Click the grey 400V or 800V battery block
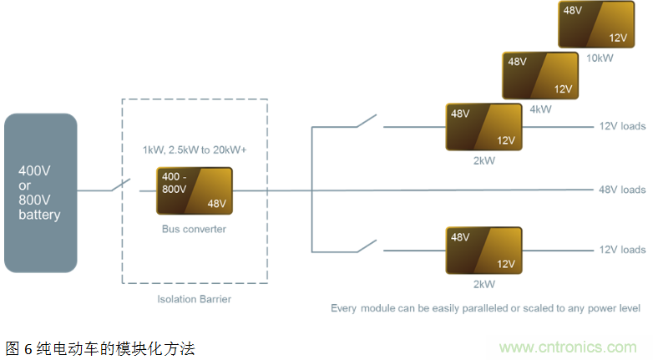click(x=40, y=192)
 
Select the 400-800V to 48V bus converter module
click(x=195, y=191)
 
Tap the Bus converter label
click(x=194, y=227)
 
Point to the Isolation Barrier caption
click(x=195, y=299)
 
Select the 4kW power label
click(x=540, y=109)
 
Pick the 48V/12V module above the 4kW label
click(x=539, y=75)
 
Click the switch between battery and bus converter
click(x=122, y=185)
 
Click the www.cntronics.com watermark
click(x=568, y=347)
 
